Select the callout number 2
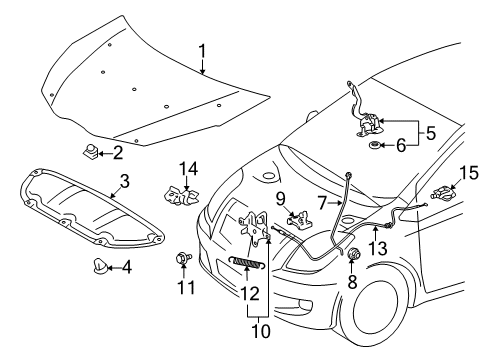click(118, 152)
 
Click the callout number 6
click(400, 145)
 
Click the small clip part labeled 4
click(102, 267)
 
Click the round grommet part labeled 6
click(375, 146)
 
